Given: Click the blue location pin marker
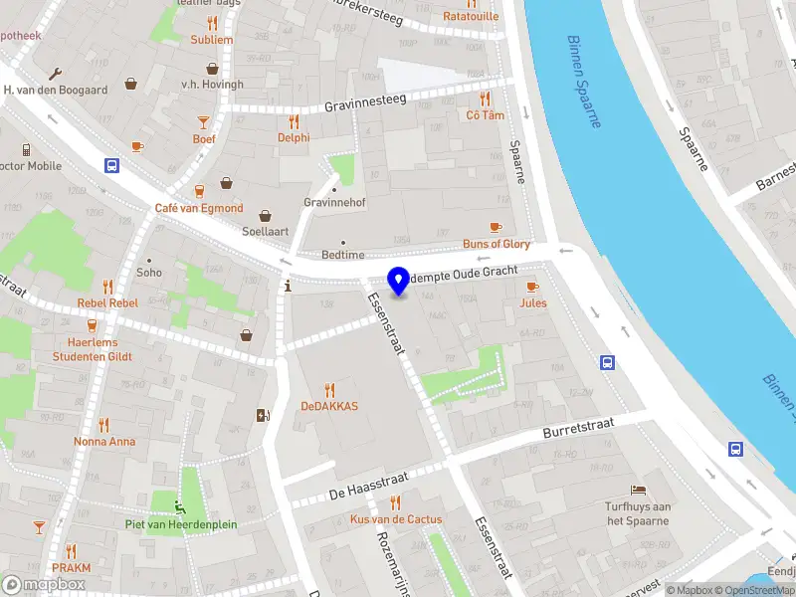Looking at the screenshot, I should [x=399, y=282].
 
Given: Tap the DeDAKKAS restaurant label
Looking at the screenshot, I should [x=329, y=406].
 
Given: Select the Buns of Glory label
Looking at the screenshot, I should [x=496, y=244].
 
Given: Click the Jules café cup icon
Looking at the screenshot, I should [x=532, y=287].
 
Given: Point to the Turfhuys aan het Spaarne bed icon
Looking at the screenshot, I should [x=639, y=491].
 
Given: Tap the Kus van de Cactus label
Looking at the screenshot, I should [x=396, y=519].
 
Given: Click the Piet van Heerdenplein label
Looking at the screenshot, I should [x=181, y=524].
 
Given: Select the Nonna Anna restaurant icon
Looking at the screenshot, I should [x=104, y=426].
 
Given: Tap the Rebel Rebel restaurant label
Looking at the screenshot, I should [x=108, y=303].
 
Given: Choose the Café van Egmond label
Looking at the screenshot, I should [x=199, y=208].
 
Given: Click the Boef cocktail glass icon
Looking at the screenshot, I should [x=204, y=122].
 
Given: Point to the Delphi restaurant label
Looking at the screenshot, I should [x=294, y=138].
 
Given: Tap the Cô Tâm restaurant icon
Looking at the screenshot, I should [x=486, y=99].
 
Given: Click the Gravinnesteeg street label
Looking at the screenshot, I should [x=366, y=104].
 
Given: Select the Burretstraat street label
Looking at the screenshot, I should [x=579, y=429].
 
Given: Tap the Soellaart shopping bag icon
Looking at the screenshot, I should [x=266, y=215].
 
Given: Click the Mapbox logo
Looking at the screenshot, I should [x=44, y=585].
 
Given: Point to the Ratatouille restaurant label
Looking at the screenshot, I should [x=471, y=16].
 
